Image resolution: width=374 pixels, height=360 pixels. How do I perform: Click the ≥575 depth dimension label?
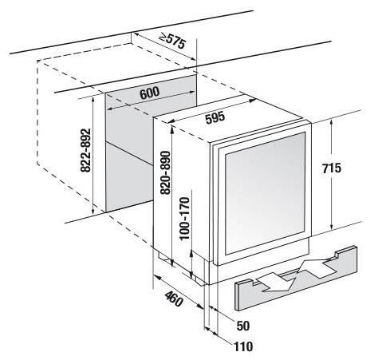(172, 41)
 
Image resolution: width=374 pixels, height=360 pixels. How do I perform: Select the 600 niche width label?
(149, 93)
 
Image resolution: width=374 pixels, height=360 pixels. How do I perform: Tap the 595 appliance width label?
(215, 118)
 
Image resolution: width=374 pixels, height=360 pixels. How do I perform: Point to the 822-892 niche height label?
(86, 150)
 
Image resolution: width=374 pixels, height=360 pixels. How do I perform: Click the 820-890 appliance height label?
(165, 172)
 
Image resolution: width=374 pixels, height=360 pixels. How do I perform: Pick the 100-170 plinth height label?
(185, 219)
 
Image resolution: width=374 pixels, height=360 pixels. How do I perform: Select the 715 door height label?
(332, 168)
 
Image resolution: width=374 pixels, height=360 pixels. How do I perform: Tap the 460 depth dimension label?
(174, 299)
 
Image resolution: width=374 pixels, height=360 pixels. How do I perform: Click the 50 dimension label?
(243, 326)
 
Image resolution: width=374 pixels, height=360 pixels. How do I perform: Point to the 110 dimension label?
(243, 346)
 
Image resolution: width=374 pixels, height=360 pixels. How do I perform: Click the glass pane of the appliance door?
(265, 193)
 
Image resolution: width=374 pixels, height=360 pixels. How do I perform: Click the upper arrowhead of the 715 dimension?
(332, 122)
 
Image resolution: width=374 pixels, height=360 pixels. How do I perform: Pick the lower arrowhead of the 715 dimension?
(332, 227)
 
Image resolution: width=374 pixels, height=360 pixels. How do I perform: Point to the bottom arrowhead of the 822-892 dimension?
(93, 210)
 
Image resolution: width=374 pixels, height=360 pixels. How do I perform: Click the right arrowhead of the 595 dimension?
(253, 101)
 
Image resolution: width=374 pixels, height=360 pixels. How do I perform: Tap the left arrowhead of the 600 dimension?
(110, 109)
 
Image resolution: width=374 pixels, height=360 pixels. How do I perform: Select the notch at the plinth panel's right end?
(337, 254)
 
